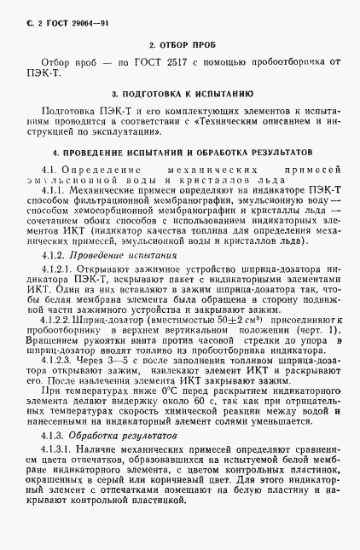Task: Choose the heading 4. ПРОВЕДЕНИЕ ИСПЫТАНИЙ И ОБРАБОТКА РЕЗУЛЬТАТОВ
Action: click(x=181, y=151)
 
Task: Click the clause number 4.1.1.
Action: click(x=57, y=191)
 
